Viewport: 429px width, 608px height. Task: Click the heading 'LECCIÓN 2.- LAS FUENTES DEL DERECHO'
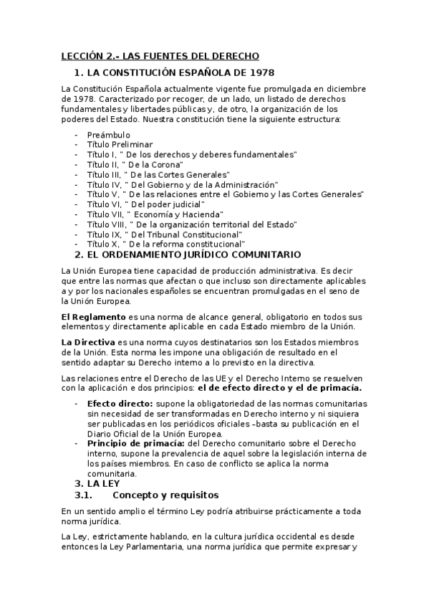(159, 56)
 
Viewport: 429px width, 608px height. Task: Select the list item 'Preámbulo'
(108, 135)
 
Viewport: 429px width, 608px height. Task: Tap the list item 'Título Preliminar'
(120, 144)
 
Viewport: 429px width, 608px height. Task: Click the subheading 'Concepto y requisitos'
(165, 495)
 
